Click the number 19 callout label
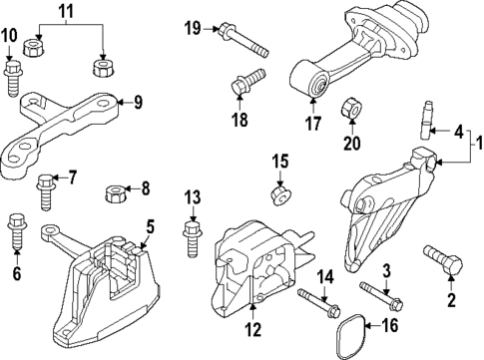192,27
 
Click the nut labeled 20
351,107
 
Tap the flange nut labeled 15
280,189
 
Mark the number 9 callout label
139,101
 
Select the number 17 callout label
313,126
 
